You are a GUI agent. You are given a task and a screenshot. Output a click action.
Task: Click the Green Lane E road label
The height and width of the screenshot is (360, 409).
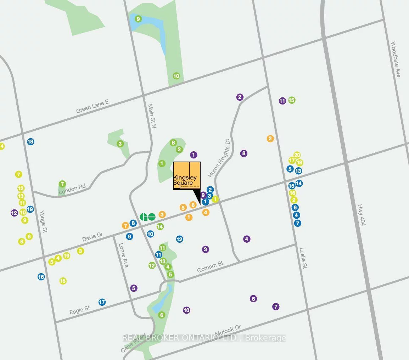point(93,106)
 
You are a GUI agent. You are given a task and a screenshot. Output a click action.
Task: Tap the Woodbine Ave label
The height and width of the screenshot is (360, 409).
point(396,60)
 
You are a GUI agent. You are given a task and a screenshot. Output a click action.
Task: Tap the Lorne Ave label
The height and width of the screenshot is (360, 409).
point(123,255)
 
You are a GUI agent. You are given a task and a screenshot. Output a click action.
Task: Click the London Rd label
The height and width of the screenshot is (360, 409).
point(72,190)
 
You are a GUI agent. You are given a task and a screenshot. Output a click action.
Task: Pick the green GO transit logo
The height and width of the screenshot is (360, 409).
point(147,217)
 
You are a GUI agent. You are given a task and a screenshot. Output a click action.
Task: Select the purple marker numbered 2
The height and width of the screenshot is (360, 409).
point(240,97)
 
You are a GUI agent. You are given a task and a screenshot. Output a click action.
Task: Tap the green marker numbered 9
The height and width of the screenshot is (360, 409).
point(138,19)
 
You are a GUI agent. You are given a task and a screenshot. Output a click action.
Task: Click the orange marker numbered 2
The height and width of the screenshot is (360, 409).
point(270,139)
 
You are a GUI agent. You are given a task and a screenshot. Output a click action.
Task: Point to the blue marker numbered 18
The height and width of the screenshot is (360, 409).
point(30,142)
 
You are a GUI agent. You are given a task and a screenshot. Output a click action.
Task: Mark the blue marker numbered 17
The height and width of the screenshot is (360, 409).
point(102,302)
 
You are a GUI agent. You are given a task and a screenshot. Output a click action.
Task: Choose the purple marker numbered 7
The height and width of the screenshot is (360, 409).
point(276,306)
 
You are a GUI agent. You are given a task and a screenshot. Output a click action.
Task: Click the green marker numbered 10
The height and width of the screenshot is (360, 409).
point(176,76)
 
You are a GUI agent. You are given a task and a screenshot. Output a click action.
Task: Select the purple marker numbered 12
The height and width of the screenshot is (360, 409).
point(14,213)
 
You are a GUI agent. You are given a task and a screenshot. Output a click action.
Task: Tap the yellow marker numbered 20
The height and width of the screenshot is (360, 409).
point(297,155)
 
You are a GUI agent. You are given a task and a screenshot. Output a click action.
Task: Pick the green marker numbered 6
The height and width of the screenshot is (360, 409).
point(162,315)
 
